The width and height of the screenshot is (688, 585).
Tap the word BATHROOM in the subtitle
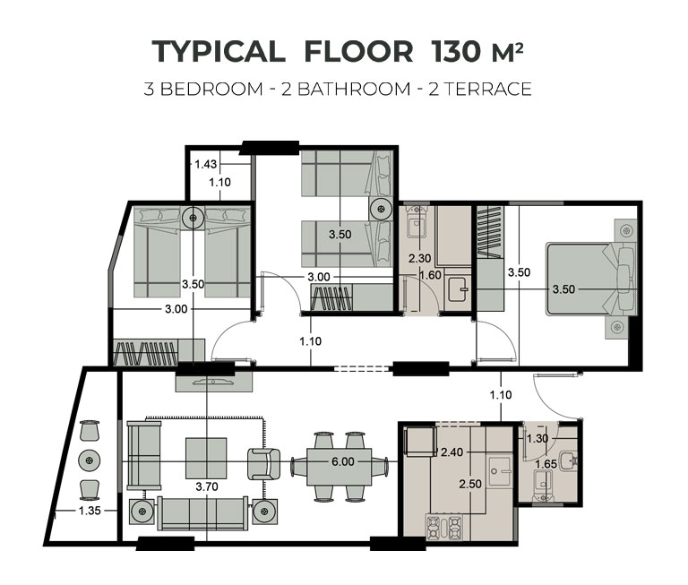[x=354, y=89]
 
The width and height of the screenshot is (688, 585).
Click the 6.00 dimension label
[x=343, y=461]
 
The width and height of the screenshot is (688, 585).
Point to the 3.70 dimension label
[x=207, y=486]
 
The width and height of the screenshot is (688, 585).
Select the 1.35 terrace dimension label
[x=90, y=511]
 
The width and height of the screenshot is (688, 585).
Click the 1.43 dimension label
[x=205, y=164]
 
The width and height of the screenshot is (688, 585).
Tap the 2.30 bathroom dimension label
[x=419, y=259]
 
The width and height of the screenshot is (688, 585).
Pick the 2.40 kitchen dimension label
[x=451, y=452]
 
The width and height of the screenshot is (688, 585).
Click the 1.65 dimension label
[x=546, y=464]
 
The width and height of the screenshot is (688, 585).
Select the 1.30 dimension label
[x=537, y=438]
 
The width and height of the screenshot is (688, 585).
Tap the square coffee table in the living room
[x=206, y=458]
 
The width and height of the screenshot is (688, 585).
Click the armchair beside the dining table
[x=263, y=464]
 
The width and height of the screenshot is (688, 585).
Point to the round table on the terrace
[x=89, y=460]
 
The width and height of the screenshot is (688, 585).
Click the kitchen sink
[x=499, y=472]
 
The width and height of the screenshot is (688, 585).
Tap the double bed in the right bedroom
[x=590, y=279]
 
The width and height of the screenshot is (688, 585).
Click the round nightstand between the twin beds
[x=193, y=217]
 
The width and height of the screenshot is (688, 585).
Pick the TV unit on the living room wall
[x=214, y=382]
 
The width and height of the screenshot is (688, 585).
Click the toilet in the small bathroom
[x=544, y=486]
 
